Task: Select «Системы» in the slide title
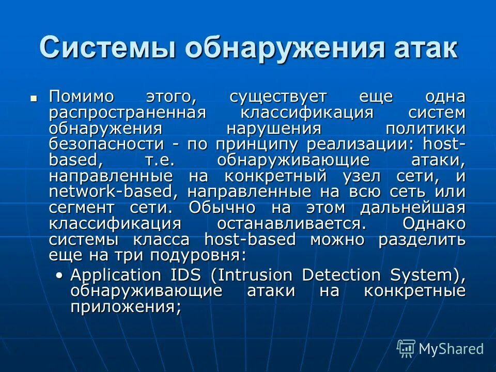pos(107,48)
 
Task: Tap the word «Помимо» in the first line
pos(83,97)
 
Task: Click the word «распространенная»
pos(128,113)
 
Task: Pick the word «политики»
pos(426,129)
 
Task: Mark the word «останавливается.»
pos(292,224)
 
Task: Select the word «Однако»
pos(433,224)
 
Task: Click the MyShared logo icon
pos(406,348)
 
